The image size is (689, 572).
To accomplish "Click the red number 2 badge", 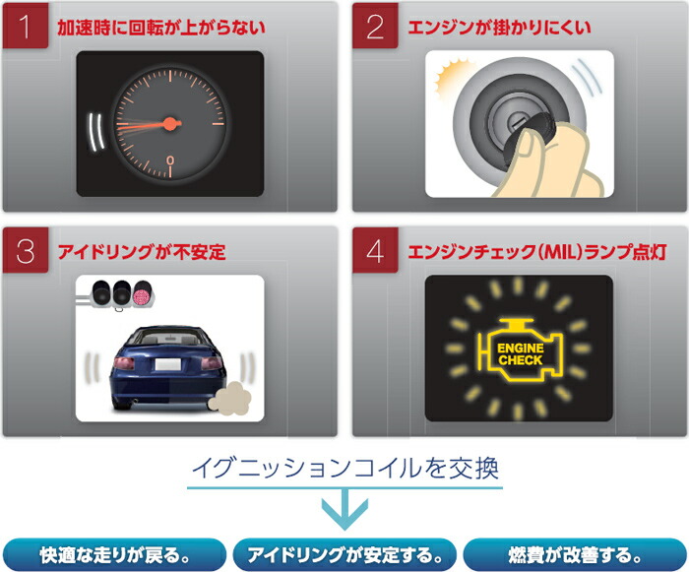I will [x=375, y=27].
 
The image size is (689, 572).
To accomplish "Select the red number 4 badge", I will [x=375, y=251].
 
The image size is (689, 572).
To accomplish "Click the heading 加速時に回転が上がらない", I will [x=162, y=28].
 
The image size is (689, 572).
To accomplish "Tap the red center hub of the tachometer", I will [x=170, y=124].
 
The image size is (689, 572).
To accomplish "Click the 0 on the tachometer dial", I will [x=170, y=159].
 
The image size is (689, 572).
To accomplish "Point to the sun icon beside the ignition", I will [x=456, y=76].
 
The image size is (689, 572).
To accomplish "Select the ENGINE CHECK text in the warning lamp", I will [x=520, y=354].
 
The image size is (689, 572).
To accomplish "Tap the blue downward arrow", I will [x=344, y=508].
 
